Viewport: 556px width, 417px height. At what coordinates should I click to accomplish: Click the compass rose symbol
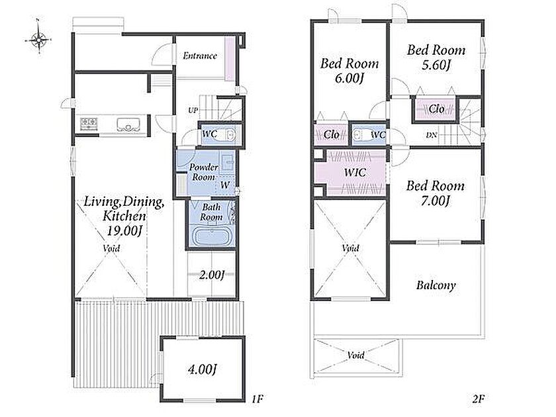click(x=38, y=38)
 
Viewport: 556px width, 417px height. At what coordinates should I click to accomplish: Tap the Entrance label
click(x=200, y=56)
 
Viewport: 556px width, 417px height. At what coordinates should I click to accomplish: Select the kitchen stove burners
click(x=89, y=123)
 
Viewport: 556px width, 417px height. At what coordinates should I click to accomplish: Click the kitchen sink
click(x=128, y=124)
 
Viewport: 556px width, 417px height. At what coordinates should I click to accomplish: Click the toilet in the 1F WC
click(x=229, y=135)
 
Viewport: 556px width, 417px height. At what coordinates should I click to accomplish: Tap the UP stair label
click(x=193, y=111)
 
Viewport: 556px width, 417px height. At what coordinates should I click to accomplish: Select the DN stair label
click(x=431, y=135)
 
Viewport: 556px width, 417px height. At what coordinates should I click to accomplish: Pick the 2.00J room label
click(x=212, y=275)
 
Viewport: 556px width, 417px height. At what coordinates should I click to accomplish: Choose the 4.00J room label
click(x=201, y=369)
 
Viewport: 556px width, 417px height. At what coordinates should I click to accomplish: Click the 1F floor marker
click(x=257, y=399)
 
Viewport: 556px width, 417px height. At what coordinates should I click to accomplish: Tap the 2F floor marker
click(x=478, y=399)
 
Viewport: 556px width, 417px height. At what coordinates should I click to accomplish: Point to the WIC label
click(x=355, y=173)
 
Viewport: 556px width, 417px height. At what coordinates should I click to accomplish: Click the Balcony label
click(x=436, y=285)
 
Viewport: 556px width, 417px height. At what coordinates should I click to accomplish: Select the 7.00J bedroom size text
click(x=436, y=201)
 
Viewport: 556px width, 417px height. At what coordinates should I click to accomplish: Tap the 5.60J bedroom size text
click(x=436, y=66)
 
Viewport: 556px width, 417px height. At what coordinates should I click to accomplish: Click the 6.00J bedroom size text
click(x=349, y=78)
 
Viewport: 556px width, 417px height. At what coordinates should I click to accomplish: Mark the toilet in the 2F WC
click(x=359, y=135)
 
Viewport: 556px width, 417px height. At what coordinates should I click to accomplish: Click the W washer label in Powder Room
click(x=225, y=185)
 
